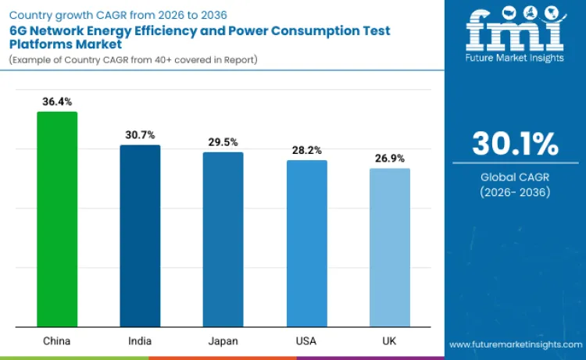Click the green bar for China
click(57, 219)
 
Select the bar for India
click(140, 236)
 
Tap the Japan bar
click(223, 239)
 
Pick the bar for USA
click(306, 243)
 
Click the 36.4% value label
click(57, 102)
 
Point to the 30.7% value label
click(140, 135)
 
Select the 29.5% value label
click(223, 142)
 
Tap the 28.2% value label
click(306, 150)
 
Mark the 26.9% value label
click(389, 158)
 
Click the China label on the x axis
click(57, 341)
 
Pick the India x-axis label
click(140, 341)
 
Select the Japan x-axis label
click(223, 341)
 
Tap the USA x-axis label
click(306, 341)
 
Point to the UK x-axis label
click(389, 341)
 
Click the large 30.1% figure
click(515, 144)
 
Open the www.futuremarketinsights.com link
click(515, 344)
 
